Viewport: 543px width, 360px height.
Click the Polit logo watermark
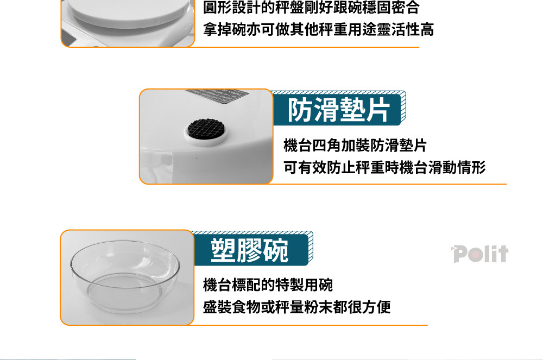pos(480,254)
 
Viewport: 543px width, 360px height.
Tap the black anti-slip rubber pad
pos(206,128)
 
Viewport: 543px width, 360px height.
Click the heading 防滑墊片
pos(339,110)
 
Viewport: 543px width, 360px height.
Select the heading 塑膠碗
pos(249,250)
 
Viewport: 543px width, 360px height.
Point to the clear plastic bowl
pos(125,276)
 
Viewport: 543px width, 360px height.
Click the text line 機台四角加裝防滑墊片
pos(355,146)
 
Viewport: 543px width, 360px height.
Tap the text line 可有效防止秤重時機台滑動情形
pos(384,168)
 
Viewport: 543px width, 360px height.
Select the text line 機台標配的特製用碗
pos(268,285)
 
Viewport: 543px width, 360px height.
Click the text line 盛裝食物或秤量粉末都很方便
pos(297,307)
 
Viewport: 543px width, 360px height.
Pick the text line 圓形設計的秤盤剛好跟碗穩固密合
pos(311,7)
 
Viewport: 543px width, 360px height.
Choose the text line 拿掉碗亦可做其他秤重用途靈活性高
pos(318,29)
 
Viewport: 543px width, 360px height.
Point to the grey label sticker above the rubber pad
pos(217,96)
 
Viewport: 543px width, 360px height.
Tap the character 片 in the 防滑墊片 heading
pos(378,110)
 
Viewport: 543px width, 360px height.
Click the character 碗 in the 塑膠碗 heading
pos(276,250)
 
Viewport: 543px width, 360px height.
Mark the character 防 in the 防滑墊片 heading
pos(300,110)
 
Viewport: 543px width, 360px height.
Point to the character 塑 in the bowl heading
pos(223,250)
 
